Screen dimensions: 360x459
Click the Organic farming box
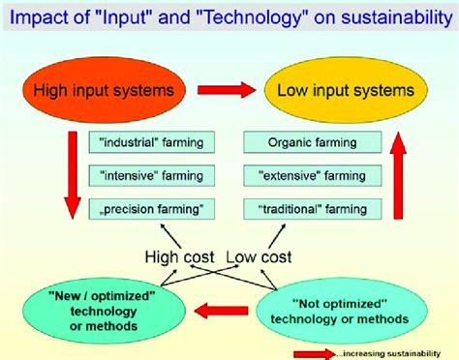[313, 143]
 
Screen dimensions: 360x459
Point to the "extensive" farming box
[313, 176]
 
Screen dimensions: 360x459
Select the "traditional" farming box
[313, 209]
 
